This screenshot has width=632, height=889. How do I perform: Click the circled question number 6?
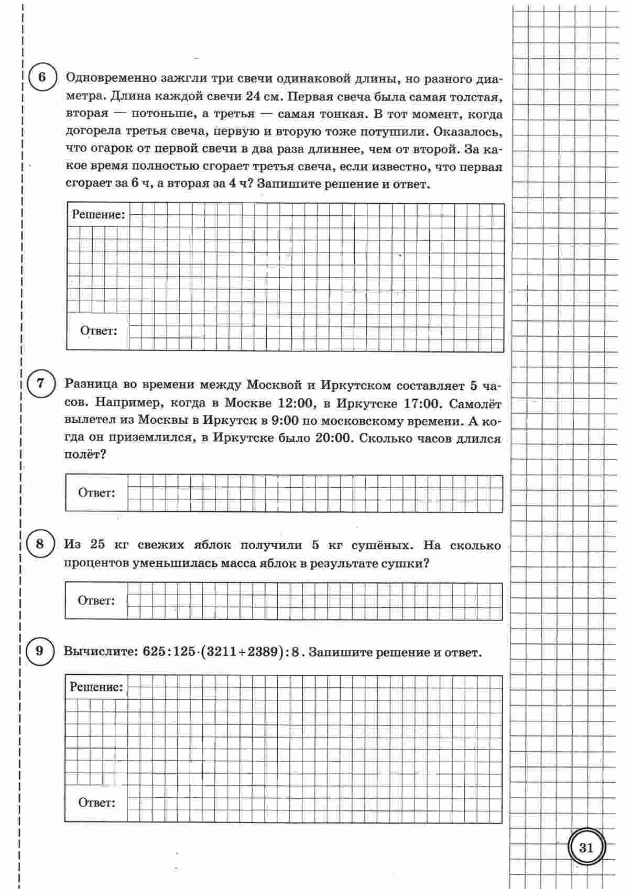pyautogui.click(x=42, y=78)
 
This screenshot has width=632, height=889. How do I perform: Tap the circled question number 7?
pyautogui.click(x=41, y=383)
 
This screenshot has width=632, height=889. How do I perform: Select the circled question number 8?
pyautogui.click(x=40, y=544)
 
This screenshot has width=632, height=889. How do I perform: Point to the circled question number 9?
pyautogui.click(x=40, y=651)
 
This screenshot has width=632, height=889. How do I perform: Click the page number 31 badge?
pyautogui.click(x=586, y=847)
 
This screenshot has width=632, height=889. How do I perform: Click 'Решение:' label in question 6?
pyautogui.click(x=99, y=214)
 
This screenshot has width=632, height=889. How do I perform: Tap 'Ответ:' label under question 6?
pyautogui.click(x=99, y=331)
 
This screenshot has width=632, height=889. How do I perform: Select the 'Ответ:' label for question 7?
pyautogui.click(x=96, y=493)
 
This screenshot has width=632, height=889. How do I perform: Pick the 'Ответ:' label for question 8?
pyautogui.click(x=96, y=600)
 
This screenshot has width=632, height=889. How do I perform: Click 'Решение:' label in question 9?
pyautogui.click(x=96, y=687)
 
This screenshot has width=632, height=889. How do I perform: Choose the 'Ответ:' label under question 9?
pyautogui.click(x=96, y=802)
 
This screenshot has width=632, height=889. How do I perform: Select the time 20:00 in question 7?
pyautogui.click(x=332, y=438)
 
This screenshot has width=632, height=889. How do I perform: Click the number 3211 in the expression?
pyautogui.click(x=223, y=652)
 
